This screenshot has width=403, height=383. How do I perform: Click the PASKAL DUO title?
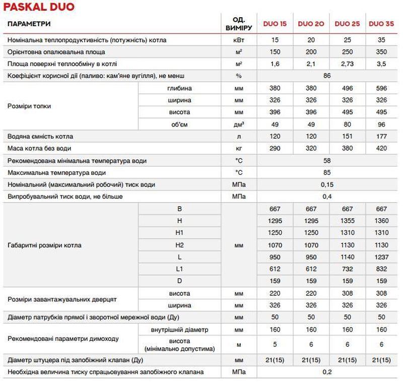(38, 7)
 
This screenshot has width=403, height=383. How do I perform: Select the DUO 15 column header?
(275, 24)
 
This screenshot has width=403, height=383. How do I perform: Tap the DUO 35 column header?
(381, 24)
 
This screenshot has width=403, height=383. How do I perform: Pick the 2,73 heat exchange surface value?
(348, 64)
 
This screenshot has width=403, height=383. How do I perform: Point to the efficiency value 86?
(327, 76)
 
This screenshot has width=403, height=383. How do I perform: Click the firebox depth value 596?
(381, 88)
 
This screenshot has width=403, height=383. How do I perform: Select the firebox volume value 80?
(348, 124)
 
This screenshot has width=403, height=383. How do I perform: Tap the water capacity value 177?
(381, 137)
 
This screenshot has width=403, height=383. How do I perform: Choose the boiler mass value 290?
(275, 149)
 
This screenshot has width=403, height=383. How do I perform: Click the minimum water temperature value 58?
(327, 161)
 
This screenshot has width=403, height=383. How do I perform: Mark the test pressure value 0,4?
(327, 197)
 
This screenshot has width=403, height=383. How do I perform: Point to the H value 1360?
(381, 221)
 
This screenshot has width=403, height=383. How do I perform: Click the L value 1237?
(381, 257)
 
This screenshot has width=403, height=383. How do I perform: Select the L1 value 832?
(381, 268)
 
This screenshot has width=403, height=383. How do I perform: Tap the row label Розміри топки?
(30, 106)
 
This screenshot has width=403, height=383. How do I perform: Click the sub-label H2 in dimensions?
(179, 244)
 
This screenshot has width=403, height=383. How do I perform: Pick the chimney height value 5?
(275, 345)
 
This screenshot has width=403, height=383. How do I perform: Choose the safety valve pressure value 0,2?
(327, 372)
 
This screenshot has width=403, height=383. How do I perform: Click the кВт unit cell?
(238, 40)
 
